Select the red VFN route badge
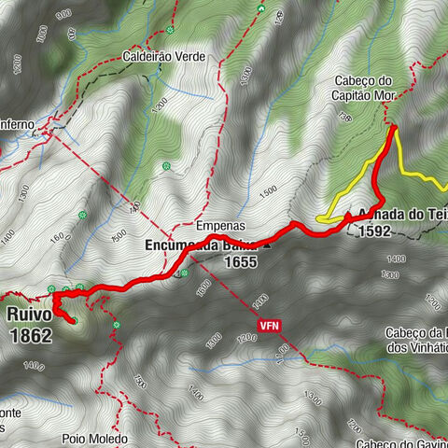pos(269,326)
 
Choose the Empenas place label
pos(220,226)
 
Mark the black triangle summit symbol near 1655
pos(268,247)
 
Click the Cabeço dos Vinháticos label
pos(415,340)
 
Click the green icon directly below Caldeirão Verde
pos(166,167)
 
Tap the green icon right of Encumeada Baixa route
pos(186,273)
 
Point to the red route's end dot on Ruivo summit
pos(70,321)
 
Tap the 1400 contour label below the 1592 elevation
pos(396,258)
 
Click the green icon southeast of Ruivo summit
pos(117,325)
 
